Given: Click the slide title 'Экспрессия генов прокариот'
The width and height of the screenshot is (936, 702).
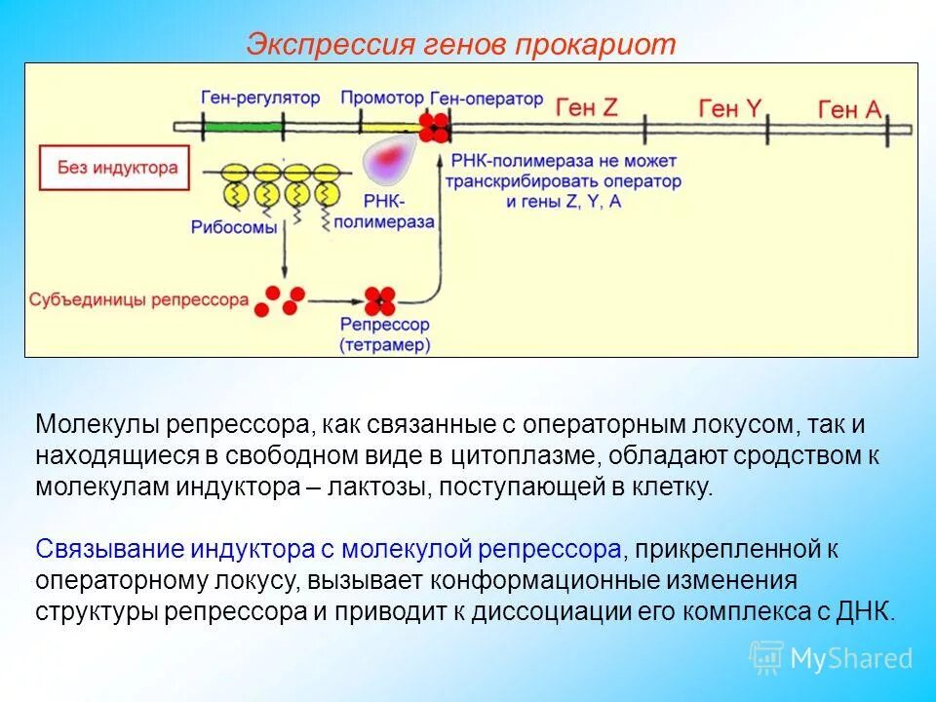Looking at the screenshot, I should point(460,45).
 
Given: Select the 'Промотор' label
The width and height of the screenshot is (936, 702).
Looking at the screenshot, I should point(382,98).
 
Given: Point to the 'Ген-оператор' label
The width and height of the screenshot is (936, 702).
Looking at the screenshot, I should point(486,98).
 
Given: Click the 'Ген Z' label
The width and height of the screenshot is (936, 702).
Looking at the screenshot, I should point(587,107).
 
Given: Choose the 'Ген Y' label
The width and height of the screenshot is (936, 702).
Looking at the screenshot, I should point(729,108).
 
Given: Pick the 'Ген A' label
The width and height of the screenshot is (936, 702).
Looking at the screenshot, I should point(850,110).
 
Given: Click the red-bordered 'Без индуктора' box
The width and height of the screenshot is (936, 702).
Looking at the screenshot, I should point(108,168).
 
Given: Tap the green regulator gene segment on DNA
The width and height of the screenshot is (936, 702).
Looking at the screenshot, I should point(242,127).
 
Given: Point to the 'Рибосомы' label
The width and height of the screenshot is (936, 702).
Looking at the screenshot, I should point(235,226).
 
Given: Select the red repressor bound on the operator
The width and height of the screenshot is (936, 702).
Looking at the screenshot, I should point(434,127).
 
